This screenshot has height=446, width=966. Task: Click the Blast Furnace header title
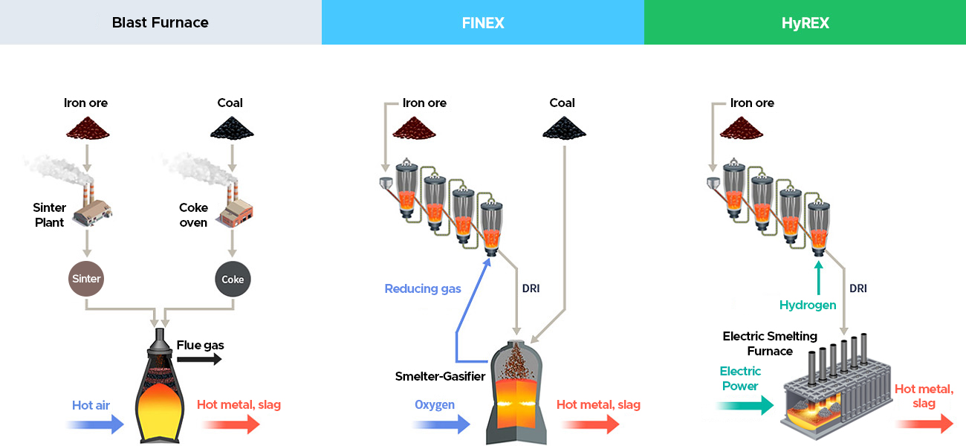pos(160,22)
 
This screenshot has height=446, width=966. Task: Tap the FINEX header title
pos(483,23)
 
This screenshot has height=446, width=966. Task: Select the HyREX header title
pos(805,23)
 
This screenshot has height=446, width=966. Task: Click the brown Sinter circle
pos(86,279)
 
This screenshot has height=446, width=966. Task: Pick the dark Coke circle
pos(233,279)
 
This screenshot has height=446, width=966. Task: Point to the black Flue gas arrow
pos(199,359)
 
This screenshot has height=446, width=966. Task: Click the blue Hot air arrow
pos(95,424)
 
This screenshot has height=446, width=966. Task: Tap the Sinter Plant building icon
pos(91,206)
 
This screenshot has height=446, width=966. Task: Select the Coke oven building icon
pos(236,206)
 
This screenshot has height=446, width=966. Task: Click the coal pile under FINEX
pos(564,128)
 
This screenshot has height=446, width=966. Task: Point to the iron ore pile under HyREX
pos(742,128)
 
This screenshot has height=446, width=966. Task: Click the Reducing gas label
pos(423,288)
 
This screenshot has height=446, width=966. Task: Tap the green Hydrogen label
pos(808,305)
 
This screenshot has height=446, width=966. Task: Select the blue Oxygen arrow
pos(441,424)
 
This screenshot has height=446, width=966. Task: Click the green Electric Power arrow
pos(745,405)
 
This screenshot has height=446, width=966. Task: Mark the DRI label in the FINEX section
pos(531,288)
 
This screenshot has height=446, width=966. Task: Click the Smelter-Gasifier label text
pos(441,376)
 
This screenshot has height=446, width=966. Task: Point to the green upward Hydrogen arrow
pos(819,278)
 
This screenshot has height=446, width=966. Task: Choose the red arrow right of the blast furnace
pos(230,424)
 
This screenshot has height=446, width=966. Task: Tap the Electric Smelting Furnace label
pos(770,343)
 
